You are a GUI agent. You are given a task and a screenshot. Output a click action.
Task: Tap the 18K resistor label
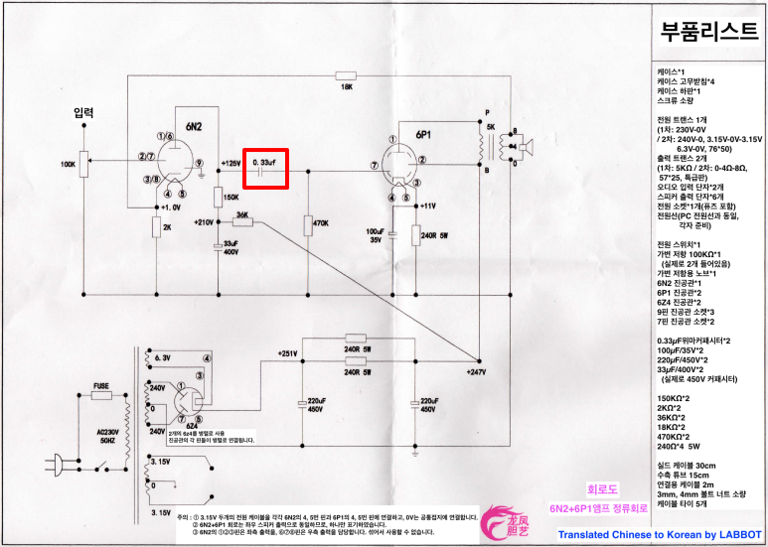pos(347,87)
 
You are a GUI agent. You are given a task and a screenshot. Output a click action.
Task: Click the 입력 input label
pos(84,113)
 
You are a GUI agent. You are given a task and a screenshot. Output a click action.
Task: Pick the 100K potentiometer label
pos(68,164)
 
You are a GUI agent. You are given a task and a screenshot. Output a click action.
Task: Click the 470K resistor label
pos(321,222)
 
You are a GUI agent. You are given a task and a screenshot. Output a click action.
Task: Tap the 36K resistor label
pos(241,212)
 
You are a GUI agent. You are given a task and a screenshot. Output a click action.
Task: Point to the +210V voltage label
pos(206,221)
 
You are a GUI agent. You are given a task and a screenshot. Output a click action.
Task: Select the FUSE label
pos(101,383)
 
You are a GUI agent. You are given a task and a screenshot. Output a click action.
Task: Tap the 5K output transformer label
pos(490,128)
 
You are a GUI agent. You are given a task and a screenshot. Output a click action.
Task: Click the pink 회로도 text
pos(603,491)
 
